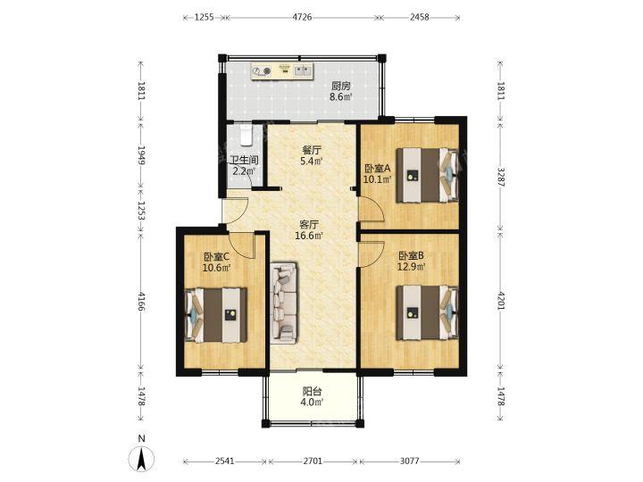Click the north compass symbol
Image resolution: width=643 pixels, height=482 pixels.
(141, 459)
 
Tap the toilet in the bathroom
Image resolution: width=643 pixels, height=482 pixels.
(246, 135)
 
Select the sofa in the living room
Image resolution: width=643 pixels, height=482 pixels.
(284, 303)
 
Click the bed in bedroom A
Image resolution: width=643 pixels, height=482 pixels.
(427, 176)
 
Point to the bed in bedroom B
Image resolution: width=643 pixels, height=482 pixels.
(427, 313)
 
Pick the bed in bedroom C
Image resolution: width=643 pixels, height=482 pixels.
(216, 315)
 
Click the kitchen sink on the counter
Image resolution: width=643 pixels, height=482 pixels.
(304, 71)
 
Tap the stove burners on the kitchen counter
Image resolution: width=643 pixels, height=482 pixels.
(262, 71)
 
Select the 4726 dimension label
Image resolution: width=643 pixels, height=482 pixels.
(302, 17)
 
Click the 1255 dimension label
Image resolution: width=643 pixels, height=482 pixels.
(204, 17)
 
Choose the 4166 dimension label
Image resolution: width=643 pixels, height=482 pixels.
(141, 302)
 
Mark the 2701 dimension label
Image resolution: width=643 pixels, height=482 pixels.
(313, 461)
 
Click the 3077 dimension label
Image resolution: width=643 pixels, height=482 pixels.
(409, 461)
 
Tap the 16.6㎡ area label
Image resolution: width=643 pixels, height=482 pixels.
(309, 236)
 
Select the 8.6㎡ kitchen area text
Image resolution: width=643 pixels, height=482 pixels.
(341, 97)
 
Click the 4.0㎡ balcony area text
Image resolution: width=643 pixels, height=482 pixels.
(312, 402)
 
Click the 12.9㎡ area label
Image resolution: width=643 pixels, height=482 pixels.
(411, 267)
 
